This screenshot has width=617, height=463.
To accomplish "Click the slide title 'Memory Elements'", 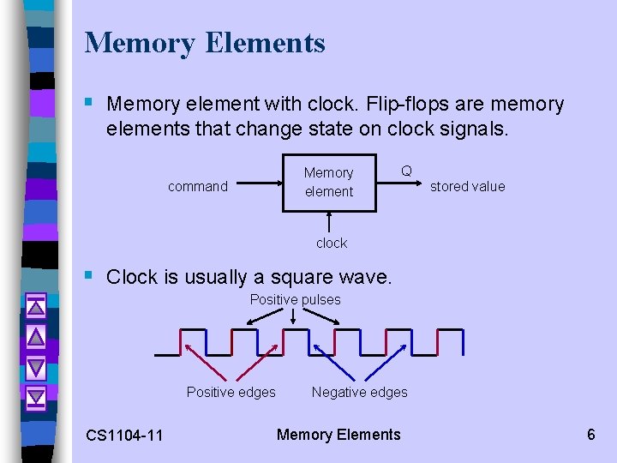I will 205,43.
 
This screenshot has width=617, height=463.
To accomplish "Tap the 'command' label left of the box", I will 198,186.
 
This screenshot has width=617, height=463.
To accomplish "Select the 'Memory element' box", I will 329,182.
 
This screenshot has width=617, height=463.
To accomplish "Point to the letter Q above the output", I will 406,171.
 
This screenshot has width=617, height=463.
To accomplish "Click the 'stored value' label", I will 467,186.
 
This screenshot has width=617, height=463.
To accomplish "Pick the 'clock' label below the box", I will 332,243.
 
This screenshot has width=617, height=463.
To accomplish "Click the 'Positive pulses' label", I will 295,299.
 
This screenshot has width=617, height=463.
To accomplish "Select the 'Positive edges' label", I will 231,392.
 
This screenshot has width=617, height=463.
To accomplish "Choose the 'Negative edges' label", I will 359,392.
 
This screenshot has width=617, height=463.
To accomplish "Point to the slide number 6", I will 590,434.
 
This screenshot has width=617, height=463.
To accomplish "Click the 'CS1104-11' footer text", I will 124,435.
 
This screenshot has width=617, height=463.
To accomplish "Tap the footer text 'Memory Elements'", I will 338,434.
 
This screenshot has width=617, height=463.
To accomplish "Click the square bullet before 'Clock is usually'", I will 90,276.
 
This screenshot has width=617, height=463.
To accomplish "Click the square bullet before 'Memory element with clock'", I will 90,104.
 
